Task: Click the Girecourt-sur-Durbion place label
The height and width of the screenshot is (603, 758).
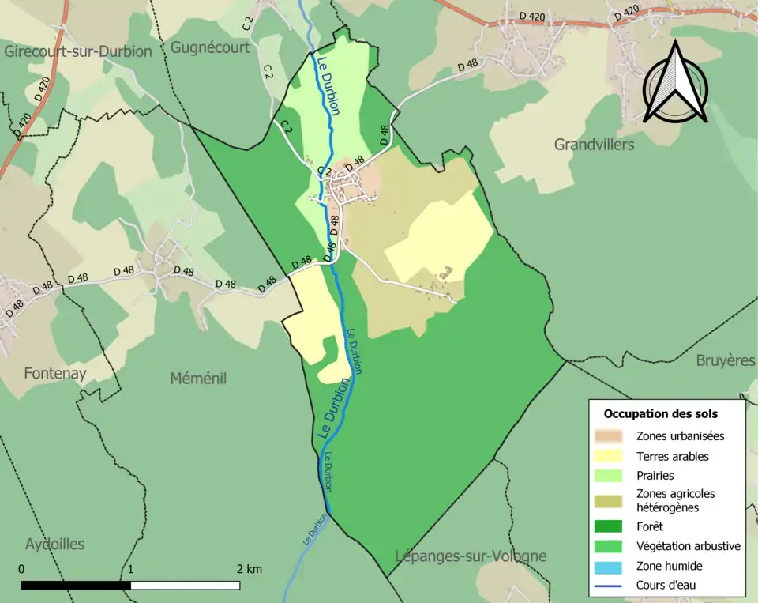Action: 77,51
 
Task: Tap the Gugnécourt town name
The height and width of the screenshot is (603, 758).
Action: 210,47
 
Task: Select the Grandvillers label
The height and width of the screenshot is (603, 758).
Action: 594,145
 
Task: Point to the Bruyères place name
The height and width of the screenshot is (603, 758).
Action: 726,360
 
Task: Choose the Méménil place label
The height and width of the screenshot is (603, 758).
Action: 198,379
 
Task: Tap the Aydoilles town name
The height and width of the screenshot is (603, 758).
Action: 54,544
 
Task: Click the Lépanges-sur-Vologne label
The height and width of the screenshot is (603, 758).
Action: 471,556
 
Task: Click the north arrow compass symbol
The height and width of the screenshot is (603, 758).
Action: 675,83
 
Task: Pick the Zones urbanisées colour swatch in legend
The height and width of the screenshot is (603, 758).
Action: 610,435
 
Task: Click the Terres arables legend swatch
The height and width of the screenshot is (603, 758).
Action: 610,456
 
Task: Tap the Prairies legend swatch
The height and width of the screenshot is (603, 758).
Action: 610,476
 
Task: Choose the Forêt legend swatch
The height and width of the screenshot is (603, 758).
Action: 610,526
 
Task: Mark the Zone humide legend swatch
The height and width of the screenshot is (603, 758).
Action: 610,566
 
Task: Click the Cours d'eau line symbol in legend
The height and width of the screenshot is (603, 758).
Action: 610,586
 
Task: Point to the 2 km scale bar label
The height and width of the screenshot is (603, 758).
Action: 249,569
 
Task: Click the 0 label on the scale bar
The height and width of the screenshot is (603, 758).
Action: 21,569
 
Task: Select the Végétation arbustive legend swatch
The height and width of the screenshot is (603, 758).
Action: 610,546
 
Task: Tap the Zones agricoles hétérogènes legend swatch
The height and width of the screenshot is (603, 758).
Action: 610,500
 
